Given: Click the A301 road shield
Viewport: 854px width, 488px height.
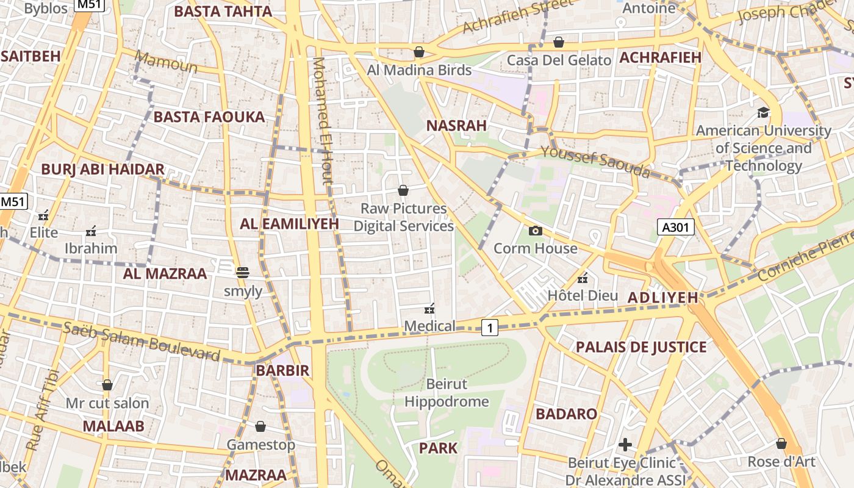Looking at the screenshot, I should pyautogui.click(x=676, y=228).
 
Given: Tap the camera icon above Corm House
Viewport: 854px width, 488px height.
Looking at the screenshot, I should pyautogui.click(x=535, y=231).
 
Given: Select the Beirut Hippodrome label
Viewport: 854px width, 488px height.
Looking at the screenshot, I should pyautogui.click(x=447, y=393).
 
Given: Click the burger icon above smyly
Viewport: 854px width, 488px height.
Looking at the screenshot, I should pyautogui.click(x=243, y=273).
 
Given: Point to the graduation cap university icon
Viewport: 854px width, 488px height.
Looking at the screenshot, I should pyautogui.click(x=763, y=112).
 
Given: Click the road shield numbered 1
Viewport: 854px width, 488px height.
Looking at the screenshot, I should pyautogui.click(x=489, y=328).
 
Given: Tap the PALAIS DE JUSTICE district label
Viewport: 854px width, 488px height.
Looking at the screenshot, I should pyautogui.click(x=641, y=347).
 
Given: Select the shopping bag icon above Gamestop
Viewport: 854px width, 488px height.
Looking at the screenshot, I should pyautogui.click(x=260, y=426).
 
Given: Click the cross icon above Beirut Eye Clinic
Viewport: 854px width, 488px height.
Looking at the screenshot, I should pyautogui.click(x=625, y=444).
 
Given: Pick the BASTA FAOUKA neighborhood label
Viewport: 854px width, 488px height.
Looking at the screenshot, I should pyautogui.click(x=209, y=117).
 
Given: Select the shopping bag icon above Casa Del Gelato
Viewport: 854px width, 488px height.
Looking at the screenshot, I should pyautogui.click(x=558, y=42).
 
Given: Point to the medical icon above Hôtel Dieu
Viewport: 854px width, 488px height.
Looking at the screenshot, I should pyautogui.click(x=583, y=278).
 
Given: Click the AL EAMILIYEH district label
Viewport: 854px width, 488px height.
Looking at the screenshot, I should pyautogui.click(x=289, y=223).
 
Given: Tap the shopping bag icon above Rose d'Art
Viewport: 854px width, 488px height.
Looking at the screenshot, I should pyautogui.click(x=781, y=443).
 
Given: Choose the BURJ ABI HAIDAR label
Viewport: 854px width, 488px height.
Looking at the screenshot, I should pyautogui.click(x=102, y=170).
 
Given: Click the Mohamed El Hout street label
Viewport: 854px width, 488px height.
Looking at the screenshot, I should pyautogui.click(x=323, y=120).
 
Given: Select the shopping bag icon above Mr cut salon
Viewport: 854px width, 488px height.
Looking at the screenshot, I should pyautogui.click(x=107, y=385).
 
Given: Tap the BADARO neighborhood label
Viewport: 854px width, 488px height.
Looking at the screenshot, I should pyautogui.click(x=566, y=414).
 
